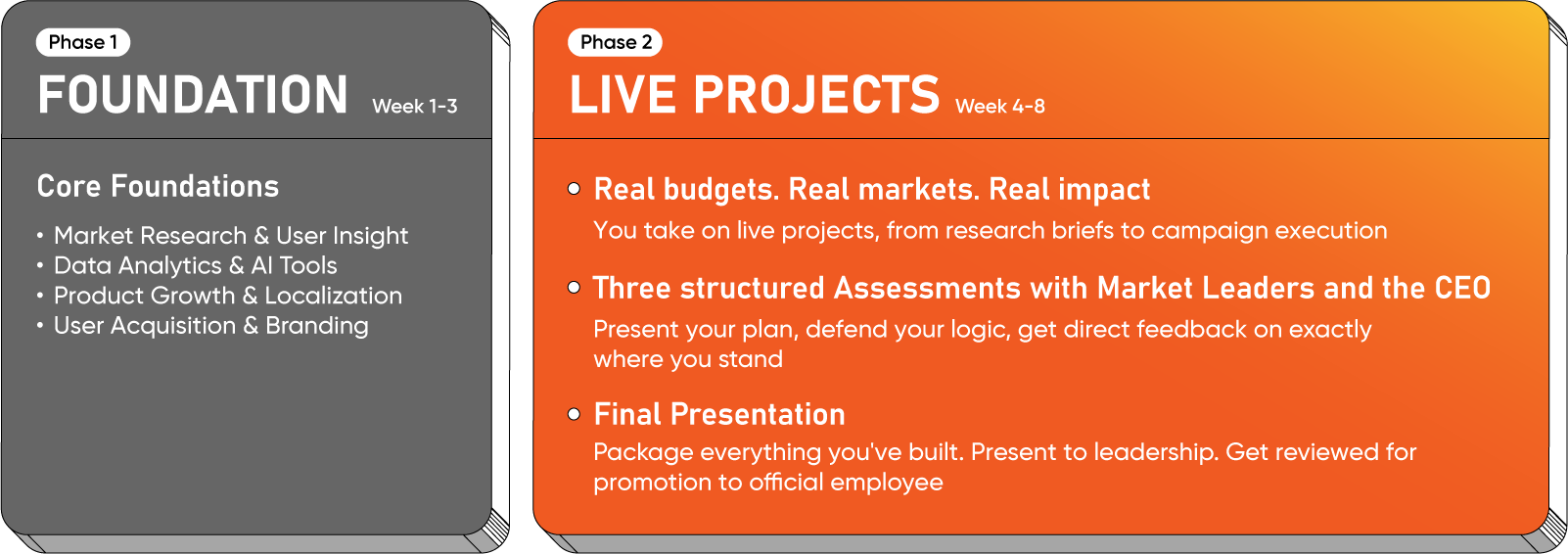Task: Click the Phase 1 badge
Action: click(x=82, y=42)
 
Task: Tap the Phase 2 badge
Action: click(x=615, y=42)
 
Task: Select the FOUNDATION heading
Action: click(x=193, y=95)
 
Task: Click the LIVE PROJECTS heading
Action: click(x=754, y=95)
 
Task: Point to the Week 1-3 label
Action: click(x=414, y=107)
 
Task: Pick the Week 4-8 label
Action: click(x=999, y=107)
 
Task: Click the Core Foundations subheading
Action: click(x=158, y=186)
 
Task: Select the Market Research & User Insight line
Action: click(x=230, y=235)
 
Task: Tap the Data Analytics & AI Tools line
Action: click(x=196, y=265)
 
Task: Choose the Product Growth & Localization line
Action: click(x=227, y=296)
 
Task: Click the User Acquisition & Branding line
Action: click(x=210, y=326)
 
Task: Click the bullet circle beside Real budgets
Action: click(x=574, y=188)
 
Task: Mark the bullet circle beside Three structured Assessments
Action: click(x=574, y=287)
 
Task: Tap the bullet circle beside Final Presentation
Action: click(x=574, y=414)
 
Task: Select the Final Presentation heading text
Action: click(x=719, y=414)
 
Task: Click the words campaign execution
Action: click(x=1268, y=231)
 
